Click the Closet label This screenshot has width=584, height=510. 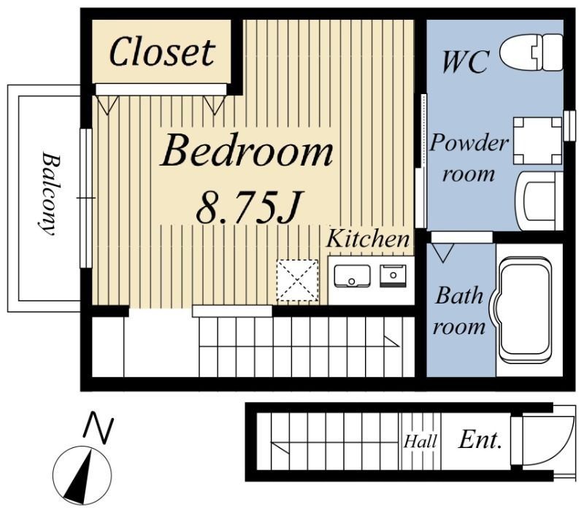coord(162,52)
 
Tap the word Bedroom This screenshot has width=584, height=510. coord(247,151)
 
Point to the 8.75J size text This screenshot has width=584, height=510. coord(247,206)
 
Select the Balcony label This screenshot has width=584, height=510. coord(50,193)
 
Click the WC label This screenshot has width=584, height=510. coord(465,61)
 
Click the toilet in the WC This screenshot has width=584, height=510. coord(531,52)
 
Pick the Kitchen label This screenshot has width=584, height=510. coord(368,239)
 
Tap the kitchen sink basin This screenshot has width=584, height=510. coord(352,276)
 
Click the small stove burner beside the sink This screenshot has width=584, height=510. coord(393,276)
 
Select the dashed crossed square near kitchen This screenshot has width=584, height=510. coord(297,280)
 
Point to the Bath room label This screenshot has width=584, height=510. coord(459,311)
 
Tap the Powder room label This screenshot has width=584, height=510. coord(469,158)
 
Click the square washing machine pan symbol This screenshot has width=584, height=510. coord(538,141)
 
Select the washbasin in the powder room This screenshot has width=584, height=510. coord(538,201)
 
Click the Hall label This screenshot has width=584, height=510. coord(420,441)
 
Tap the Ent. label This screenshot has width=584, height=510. coord(480,441)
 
